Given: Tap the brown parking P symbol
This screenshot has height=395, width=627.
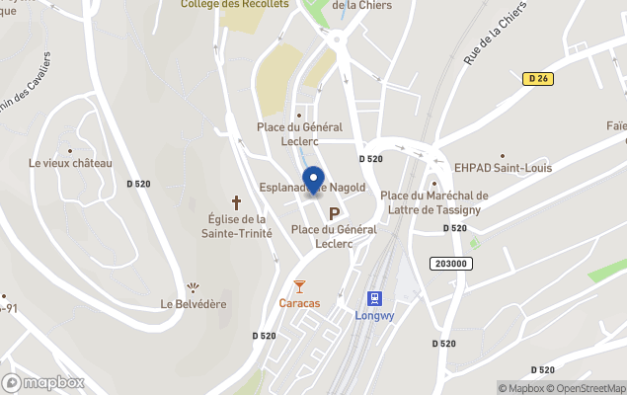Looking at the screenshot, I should coord(334,212).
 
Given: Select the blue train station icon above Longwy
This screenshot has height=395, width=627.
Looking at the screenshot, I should coord(374,297).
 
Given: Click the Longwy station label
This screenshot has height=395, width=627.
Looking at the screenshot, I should coord(374,316).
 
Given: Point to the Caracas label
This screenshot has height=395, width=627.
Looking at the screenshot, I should coord(299,303).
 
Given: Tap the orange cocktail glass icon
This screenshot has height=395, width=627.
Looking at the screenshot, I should coord(299,285).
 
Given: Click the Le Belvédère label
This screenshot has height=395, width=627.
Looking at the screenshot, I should coord(193,304).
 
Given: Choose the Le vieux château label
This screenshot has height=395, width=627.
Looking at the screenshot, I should coord(71,163).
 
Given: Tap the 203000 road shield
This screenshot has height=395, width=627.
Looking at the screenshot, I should coord(450,264).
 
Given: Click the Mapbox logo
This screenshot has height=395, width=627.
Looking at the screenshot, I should coord(43,382).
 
